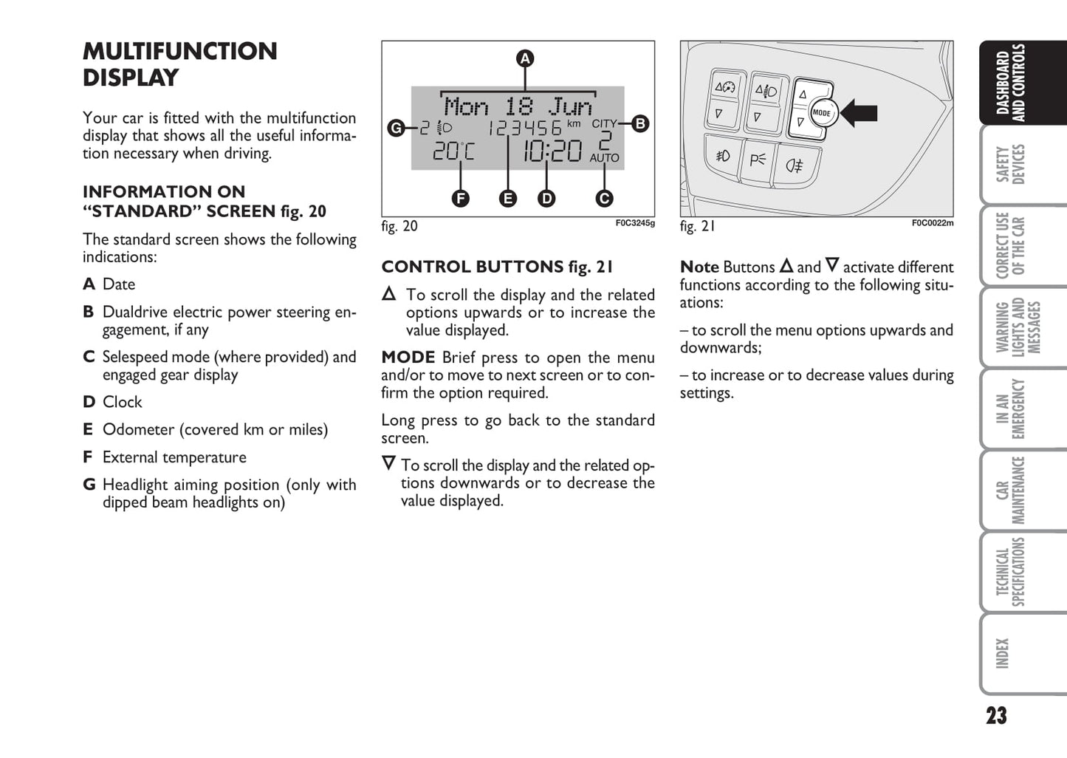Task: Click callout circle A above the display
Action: (x=524, y=58)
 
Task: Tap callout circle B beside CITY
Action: (x=640, y=123)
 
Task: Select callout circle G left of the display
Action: (x=396, y=129)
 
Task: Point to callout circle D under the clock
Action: (x=546, y=198)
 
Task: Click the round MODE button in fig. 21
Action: (x=821, y=113)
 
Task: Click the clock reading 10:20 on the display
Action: (x=552, y=151)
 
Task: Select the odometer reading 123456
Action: (x=524, y=129)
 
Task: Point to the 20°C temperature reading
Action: (x=453, y=151)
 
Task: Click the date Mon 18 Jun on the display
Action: (x=518, y=106)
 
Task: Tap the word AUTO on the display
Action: (x=604, y=158)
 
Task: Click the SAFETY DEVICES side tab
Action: (x=1011, y=164)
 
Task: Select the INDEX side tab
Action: (x=1002, y=654)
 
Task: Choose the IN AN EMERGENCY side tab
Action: (x=1011, y=409)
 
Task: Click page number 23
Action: (x=996, y=715)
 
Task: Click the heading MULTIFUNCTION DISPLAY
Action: (x=179, y=64)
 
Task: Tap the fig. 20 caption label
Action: (x=399, y=226)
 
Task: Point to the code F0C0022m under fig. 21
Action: (x=932, y=223)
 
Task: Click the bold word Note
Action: (x=699, y=267)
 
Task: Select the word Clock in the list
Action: (x=122, y=402)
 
